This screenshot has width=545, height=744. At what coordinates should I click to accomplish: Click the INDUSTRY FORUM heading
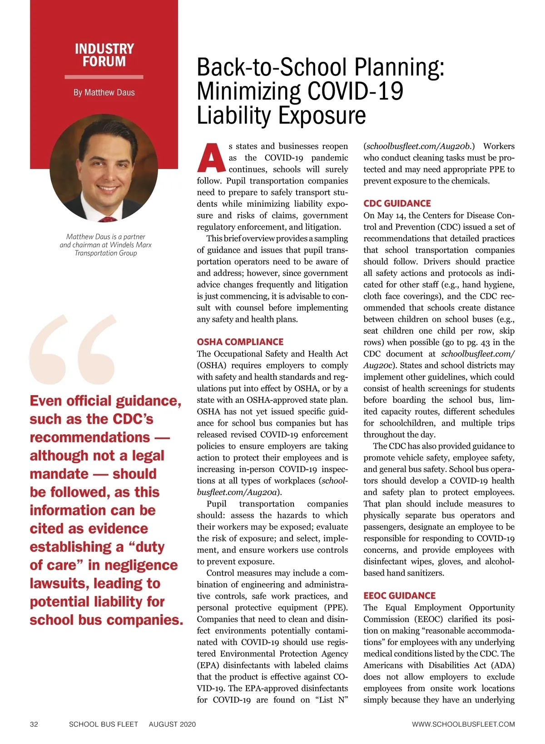click(x=104, y=55)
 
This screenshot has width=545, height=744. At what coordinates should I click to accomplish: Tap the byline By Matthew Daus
click(x=104, y=93)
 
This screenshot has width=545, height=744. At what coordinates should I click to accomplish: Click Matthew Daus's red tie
click(x=108, y=219)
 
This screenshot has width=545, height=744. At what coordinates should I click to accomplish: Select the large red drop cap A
click(x=211, y=158)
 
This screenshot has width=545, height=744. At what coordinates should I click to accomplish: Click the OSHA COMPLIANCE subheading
click(x=240, y=342)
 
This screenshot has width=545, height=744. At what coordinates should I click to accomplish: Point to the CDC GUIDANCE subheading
click(x=397, y=203)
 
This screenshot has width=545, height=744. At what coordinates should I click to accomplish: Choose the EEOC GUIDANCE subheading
click(x=399, y=595)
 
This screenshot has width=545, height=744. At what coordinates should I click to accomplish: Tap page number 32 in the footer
click(x=34, y=724)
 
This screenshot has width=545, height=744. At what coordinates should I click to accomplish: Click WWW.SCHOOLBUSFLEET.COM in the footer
click(x=463, y=724)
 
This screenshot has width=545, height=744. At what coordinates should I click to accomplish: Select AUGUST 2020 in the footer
click(x=172, y=724)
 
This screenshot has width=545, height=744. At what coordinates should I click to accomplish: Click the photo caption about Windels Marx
click(x=105, y=245)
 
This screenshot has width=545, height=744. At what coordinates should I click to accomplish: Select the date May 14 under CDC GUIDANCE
click(x=389, y=215)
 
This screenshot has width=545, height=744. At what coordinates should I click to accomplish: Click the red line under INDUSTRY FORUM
click(x=104, y=77)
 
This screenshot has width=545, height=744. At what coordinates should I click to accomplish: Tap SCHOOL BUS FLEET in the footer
click(x=103, y=724)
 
